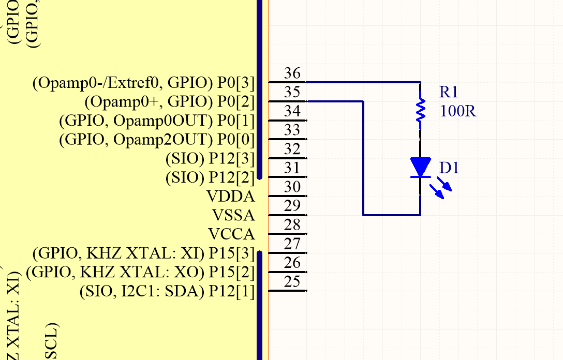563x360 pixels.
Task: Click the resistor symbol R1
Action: click(x=421, y=110)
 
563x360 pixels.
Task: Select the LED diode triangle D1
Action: click(x=420, y=167)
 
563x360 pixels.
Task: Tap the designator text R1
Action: click(x=449, y=93)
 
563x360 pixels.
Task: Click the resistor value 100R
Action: click(x=457, y=111)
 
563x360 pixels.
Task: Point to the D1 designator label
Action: click(x=449, y=168)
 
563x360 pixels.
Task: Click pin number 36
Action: click(x=292, y=73)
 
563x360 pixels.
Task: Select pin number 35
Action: click(x=292, y=93)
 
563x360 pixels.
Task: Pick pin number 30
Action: click(x=292, y=187)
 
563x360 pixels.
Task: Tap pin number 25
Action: click(x=292, y=282)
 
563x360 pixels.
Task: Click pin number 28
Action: click(x=292, y=225)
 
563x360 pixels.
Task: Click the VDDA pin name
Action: click(x=230, y=197)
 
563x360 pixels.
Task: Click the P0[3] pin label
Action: click(x=235, y=83)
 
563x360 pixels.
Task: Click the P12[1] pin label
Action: click(x=231, y=292)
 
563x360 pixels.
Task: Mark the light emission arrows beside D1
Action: click(x=441, y=188)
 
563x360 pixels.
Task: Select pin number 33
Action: click(x=292, y=130)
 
